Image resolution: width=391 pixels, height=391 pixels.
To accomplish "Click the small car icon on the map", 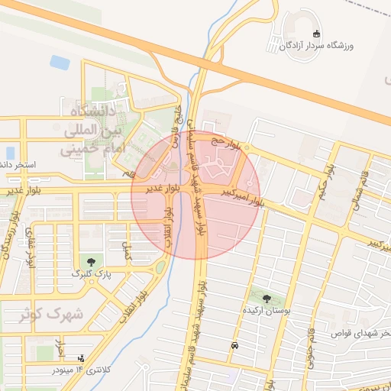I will coord(234,345).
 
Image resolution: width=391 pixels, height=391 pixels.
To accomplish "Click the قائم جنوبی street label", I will coord(311,351).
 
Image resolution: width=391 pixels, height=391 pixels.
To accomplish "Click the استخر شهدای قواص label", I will coord(363,334).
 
